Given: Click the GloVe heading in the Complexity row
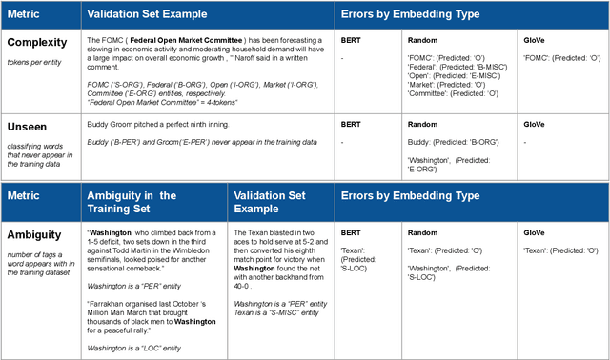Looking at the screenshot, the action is tap(535, 42).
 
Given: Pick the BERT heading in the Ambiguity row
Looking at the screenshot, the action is tap(352, 230).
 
